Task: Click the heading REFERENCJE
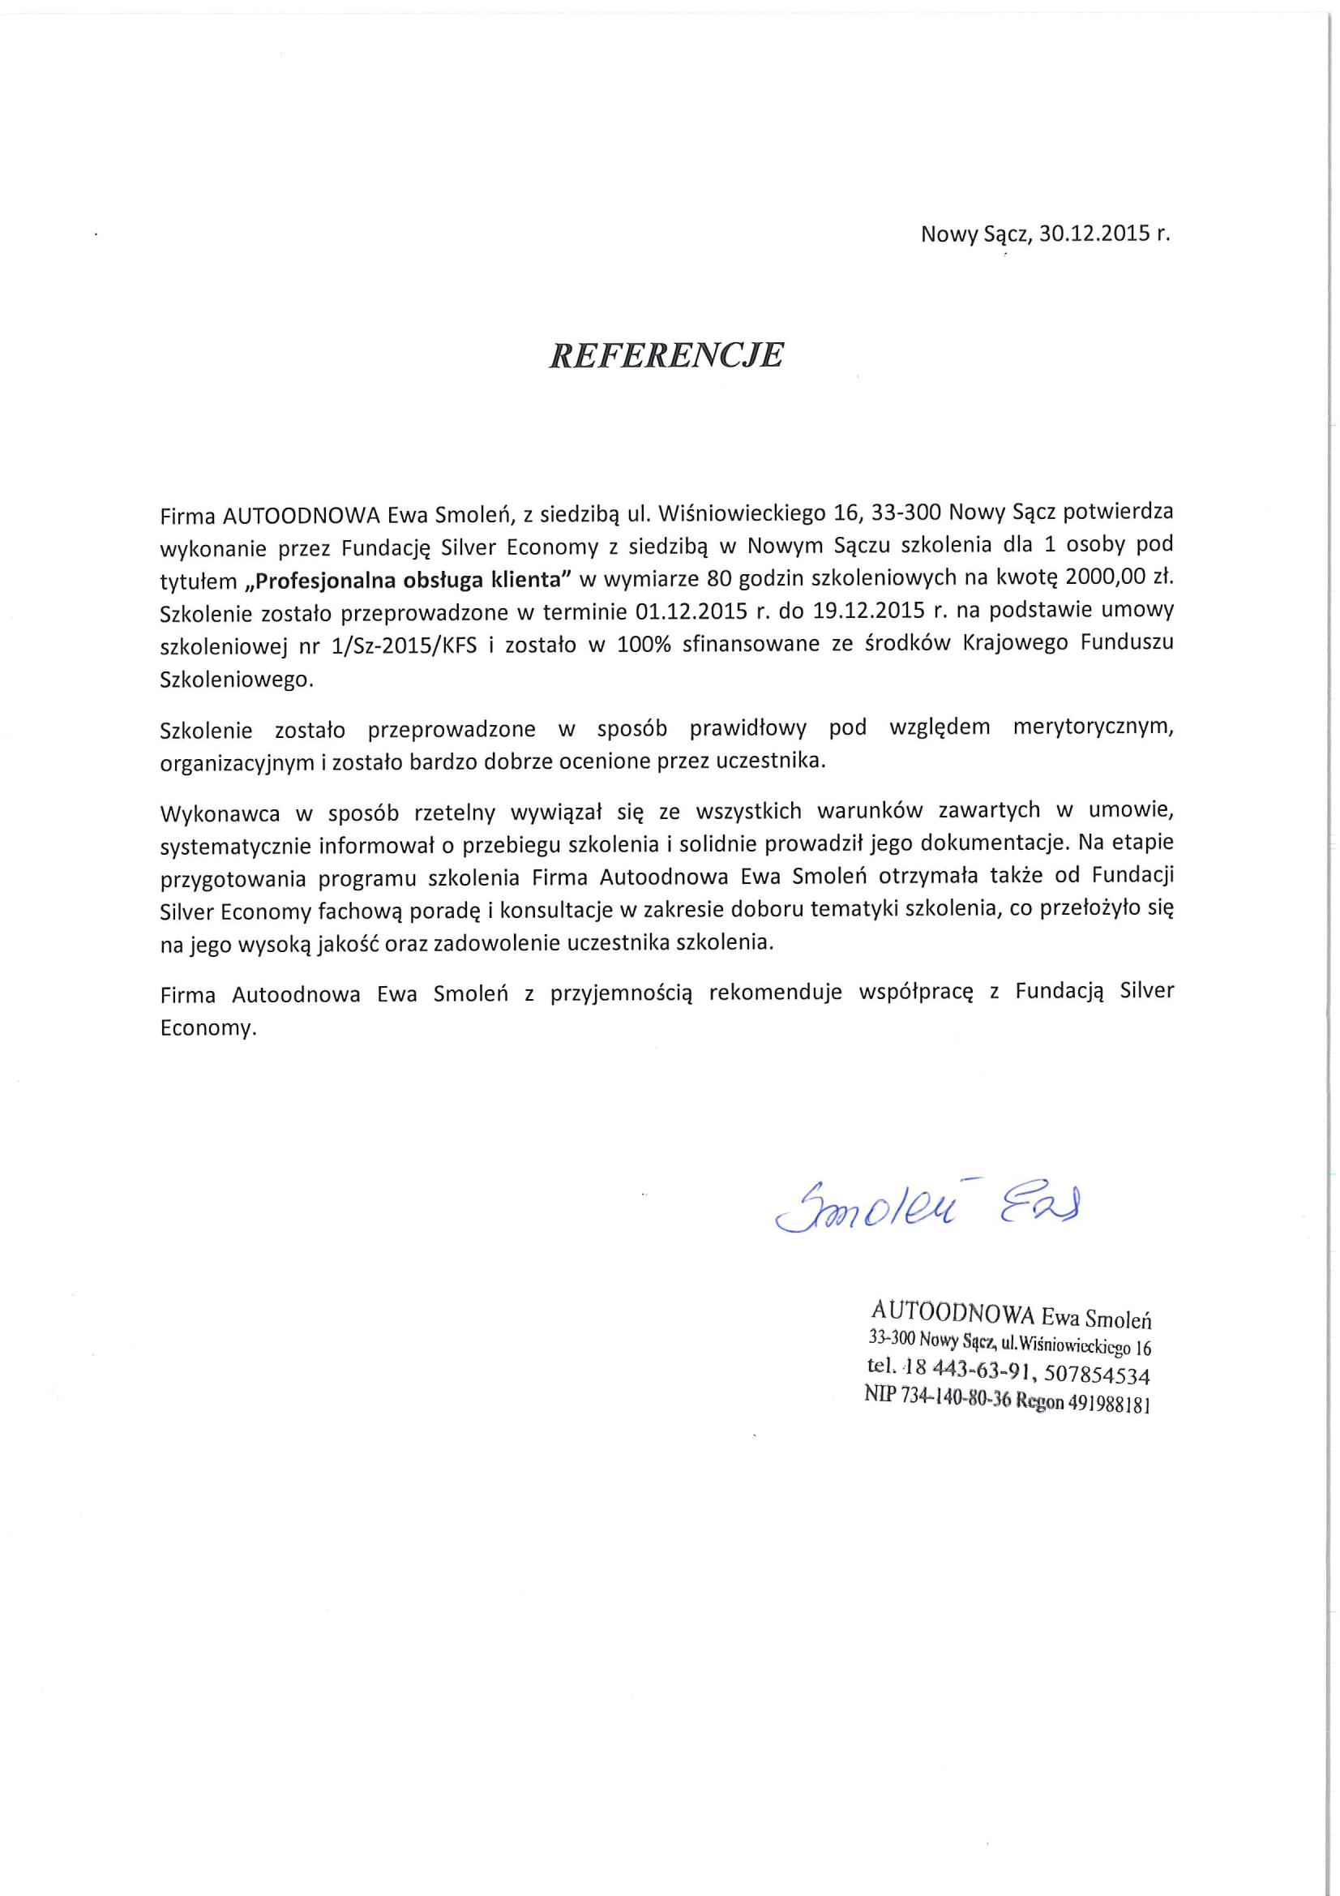[666, 355]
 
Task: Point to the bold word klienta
[531, 579]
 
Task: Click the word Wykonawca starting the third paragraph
[220, 813]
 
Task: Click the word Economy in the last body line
[208, 1029]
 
